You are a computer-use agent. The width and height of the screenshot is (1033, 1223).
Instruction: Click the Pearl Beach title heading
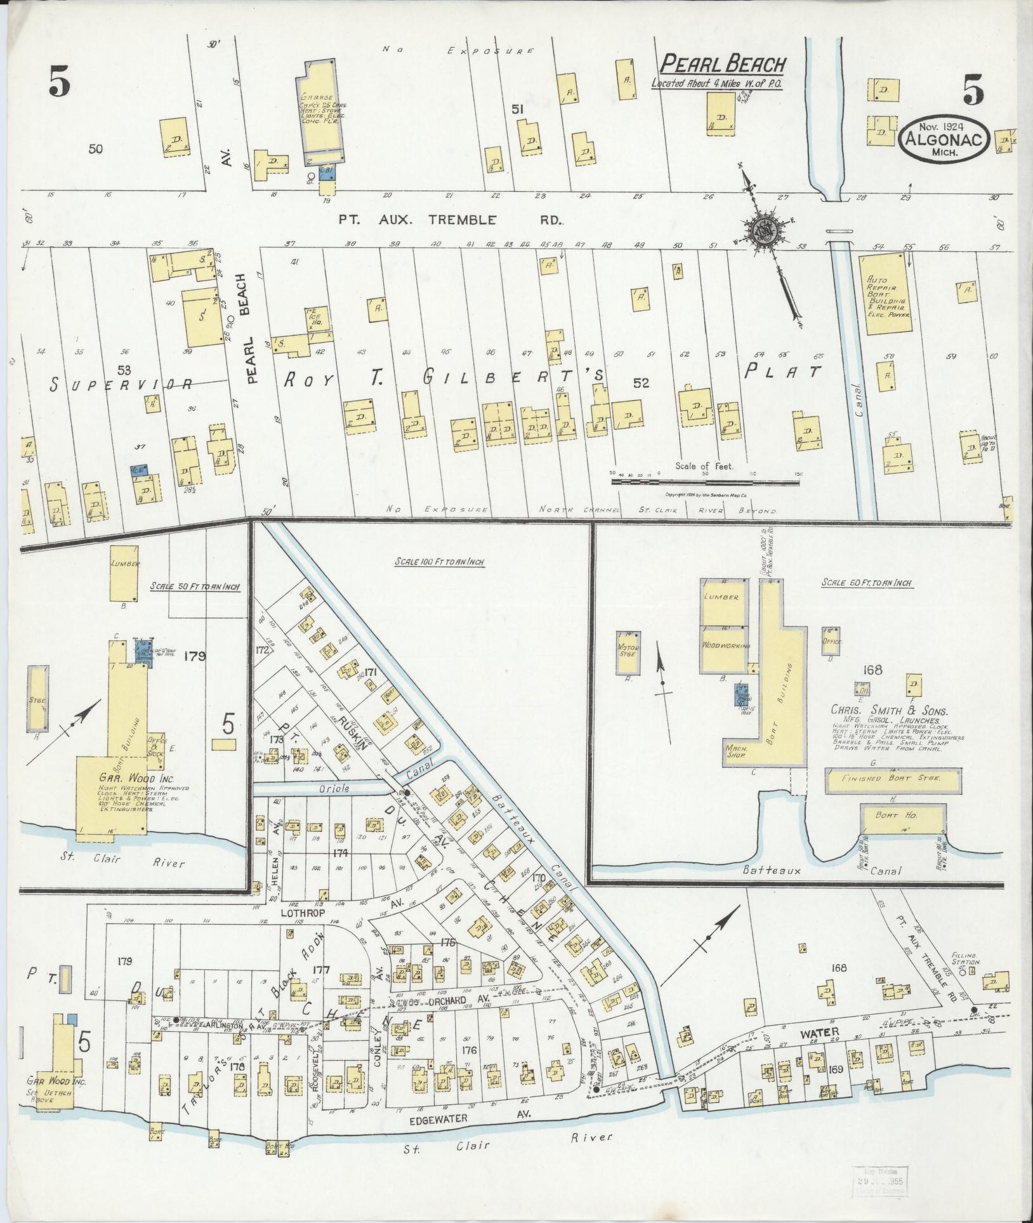point(723,64)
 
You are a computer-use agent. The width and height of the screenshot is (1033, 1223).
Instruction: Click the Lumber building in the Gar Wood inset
point(125,571)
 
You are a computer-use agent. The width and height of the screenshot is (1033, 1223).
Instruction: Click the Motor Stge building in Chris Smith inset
point(628,652)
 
